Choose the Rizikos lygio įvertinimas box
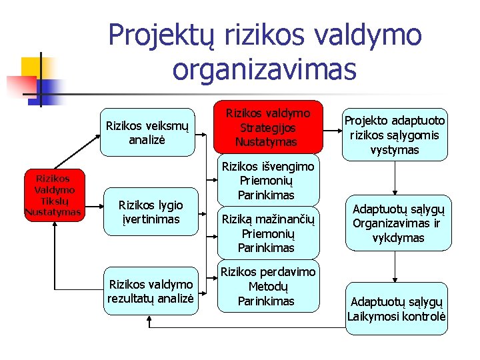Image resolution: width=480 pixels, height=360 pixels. [150, 212]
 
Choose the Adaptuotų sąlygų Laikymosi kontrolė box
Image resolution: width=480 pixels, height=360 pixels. [397, 309]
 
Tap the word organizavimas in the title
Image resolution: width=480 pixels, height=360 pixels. [265, 67]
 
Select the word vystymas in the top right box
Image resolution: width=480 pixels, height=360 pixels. [395, 150]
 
